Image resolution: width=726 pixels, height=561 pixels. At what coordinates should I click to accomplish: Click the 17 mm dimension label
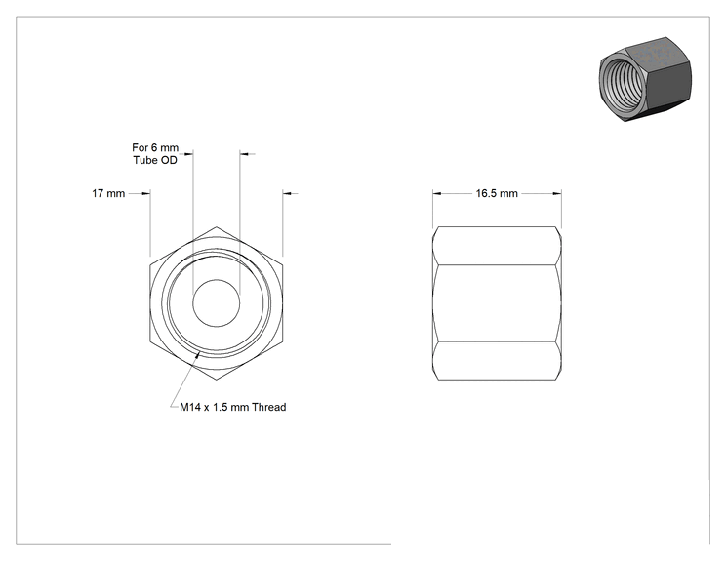click(108, 193)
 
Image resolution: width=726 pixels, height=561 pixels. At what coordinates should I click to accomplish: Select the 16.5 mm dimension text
click(497, 193)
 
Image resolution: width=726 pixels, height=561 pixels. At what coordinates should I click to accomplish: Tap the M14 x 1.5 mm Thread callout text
click(233, 407)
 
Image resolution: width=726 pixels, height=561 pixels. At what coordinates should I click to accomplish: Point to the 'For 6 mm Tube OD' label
click(155, 154)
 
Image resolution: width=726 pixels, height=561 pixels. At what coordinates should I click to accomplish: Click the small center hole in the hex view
click(217, 303)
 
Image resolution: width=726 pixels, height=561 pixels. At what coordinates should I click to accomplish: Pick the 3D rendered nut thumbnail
click(645, 79)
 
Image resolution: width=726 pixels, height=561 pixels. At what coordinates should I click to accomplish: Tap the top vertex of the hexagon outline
click(217, 226)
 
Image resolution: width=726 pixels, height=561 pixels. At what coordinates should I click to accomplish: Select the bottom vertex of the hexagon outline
click(217, 381)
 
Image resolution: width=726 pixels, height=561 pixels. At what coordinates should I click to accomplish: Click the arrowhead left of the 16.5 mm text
click(437, 193)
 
